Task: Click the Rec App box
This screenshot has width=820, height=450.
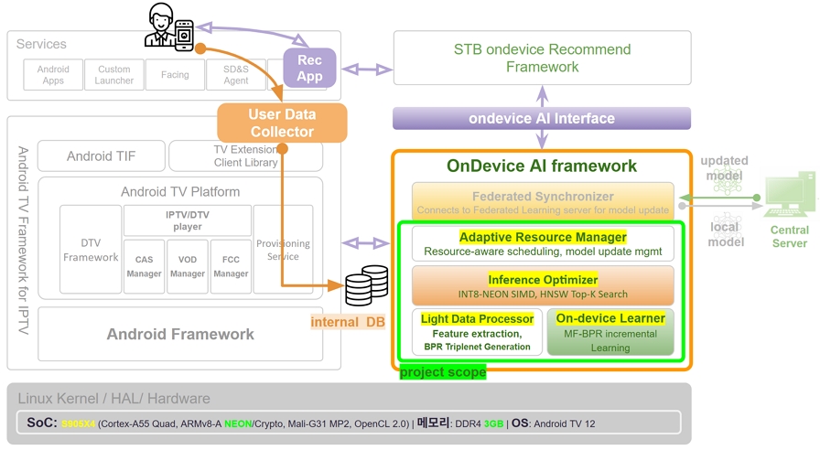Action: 309,68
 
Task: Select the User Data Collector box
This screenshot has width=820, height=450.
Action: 282,123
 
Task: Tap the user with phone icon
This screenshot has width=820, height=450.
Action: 170,27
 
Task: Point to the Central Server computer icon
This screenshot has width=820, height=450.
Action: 789,196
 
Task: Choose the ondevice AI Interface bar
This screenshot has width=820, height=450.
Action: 542,119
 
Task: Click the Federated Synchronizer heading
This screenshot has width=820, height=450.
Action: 542,196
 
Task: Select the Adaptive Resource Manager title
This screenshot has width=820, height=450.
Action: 543,237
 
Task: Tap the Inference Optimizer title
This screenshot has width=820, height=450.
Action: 543,279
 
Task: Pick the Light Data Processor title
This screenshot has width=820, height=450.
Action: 477,318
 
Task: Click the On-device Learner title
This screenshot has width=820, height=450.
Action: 610,318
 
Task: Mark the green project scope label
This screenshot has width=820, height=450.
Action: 443,372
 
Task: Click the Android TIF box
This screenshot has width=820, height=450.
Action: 102,156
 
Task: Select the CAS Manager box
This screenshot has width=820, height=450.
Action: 144,266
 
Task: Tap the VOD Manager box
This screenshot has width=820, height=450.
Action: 188,266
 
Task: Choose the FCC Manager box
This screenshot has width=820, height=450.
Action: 231,266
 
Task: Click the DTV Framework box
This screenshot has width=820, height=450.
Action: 91,250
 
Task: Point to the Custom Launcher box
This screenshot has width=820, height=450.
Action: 113,75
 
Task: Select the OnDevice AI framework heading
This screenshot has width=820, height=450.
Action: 542,166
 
